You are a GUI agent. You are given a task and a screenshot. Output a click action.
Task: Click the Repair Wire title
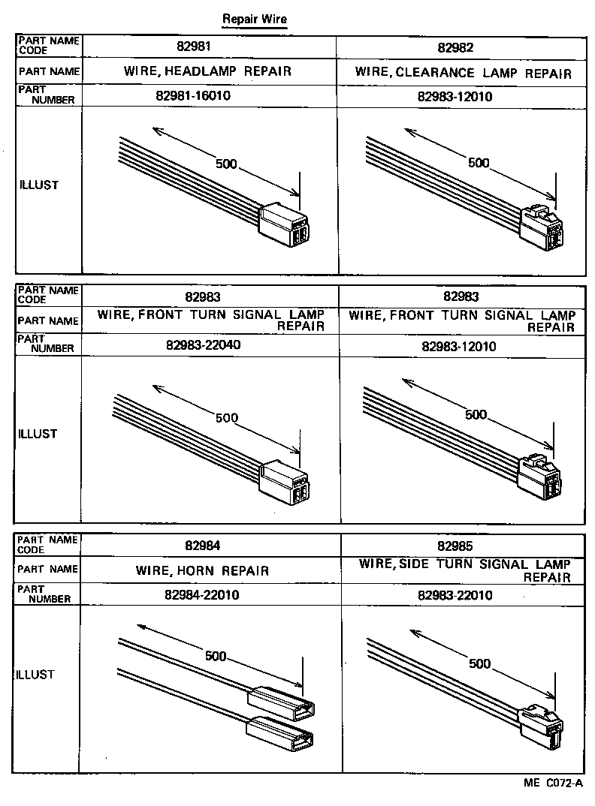pyautogui.click(x=255, y=19)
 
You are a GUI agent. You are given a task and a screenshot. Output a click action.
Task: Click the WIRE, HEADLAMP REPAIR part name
pyautogui.click(x=208, y=72)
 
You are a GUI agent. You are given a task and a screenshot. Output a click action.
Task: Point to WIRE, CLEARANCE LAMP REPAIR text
pyautogui.click(x=463, y=73)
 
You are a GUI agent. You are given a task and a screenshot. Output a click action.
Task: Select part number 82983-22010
pyautogui.click(x=455, y=595)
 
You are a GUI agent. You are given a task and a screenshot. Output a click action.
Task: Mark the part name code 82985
pyautogui.click(x=456, y=546)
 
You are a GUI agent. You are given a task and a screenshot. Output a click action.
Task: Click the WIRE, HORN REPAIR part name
pyautogui.click(x=202, y=570)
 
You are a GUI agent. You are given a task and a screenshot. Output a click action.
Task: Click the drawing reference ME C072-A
pyautogui.click(x=553, y=783)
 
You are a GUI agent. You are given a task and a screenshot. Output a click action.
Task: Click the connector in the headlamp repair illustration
pyautogui.click(x=285, y=225)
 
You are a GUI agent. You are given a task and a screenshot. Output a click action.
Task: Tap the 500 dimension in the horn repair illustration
pyautogui.click(x=216, y=656)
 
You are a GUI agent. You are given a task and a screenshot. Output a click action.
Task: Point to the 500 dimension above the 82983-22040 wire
pyautogui.click(x=227, y=418)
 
